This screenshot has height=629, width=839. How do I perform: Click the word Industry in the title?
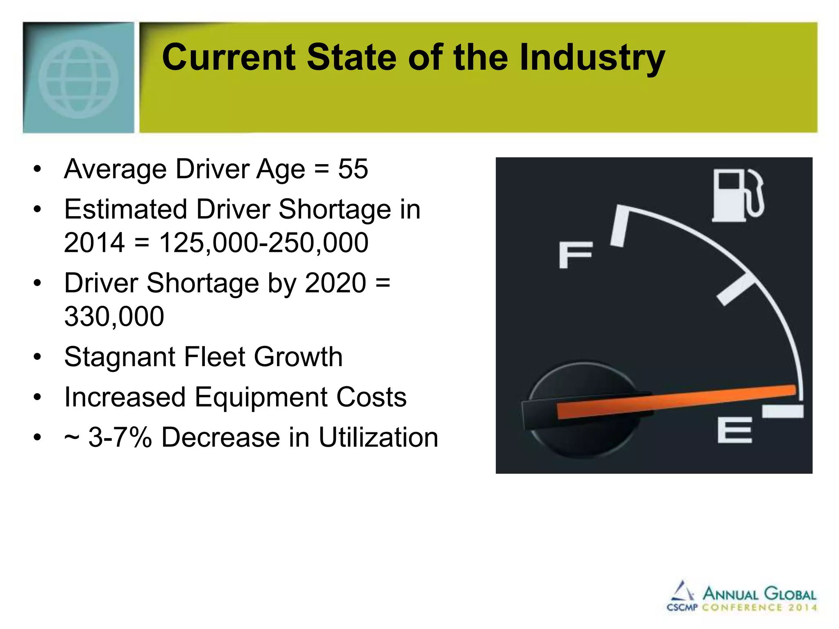click(x=592, y=58)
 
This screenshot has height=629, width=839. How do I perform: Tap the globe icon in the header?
click(x=78, y=79)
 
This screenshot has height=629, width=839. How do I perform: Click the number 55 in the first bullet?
click(x=353, y=169)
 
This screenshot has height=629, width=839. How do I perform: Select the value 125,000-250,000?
click(x=263, y=242)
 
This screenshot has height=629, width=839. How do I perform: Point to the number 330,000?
click(x=114, y=317)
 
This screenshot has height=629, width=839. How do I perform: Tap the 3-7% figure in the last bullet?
click(x=120, y=437)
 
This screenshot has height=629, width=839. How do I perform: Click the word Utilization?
click(x=378, y=437)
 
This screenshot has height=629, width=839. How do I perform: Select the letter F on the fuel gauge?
click(x=576, y=255)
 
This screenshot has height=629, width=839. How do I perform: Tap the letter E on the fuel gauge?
click(x=735, y=430)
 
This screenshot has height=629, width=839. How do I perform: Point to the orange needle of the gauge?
click(x=676, y=401)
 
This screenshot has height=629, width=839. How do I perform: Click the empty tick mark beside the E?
click(x=782, y=411)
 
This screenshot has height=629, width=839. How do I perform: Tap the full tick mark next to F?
click(x=619, y=226)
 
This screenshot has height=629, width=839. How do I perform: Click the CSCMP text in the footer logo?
click(x=682, y=607)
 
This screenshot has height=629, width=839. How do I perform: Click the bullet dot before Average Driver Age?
click(x=38, y=169)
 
